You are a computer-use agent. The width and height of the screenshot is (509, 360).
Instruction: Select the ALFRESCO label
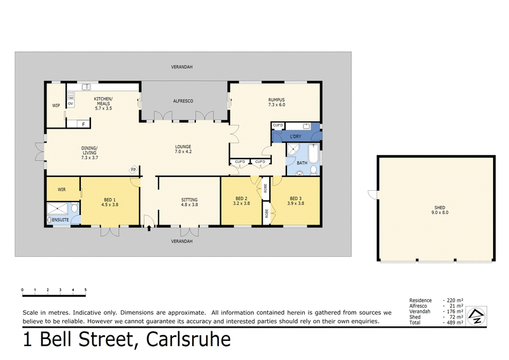coord(183,101)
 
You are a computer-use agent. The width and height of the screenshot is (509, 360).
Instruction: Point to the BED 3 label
coord(296,200)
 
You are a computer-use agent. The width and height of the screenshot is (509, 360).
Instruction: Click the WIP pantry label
coord(55,106)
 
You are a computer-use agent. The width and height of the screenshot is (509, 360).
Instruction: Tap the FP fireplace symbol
coord(134,169)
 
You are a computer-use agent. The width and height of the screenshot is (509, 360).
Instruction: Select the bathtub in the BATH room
coord(313,155)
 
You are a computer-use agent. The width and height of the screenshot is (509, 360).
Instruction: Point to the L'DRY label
coord(295,137)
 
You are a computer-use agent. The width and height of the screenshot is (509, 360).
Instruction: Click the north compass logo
coord(476,315)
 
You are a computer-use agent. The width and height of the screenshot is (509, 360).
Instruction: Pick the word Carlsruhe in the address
coord(188,340)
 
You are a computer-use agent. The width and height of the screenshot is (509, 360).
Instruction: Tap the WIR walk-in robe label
coord(62,189)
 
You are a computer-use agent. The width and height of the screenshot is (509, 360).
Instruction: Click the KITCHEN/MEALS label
coord(103,102)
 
